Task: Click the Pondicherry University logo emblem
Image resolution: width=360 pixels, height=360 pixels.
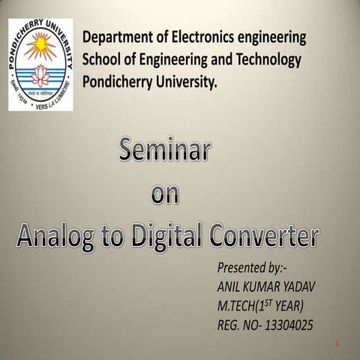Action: tap(40, 64)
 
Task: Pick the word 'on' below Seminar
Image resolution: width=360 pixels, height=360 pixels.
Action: tap(165, 193)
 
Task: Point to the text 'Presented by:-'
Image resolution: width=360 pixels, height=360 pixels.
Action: tap(247, 268)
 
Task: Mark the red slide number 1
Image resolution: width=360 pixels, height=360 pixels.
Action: tap(338, 343)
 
